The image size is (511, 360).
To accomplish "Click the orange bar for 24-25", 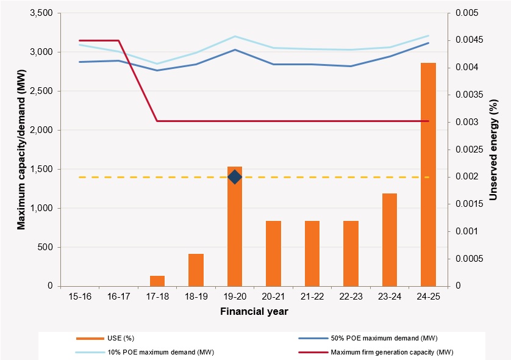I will coord(428,175).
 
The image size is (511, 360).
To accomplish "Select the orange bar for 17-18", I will coord(157,281).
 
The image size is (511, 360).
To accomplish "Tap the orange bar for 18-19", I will coord(196,270).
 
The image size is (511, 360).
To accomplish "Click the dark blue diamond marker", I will coord(235,177).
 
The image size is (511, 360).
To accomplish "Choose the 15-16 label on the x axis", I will coord(80,297).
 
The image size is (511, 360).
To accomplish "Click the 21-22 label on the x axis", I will coord(312,297).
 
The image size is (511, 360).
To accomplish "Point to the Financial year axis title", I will coord(254,311).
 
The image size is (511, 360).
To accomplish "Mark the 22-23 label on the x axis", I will coord(351,297).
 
